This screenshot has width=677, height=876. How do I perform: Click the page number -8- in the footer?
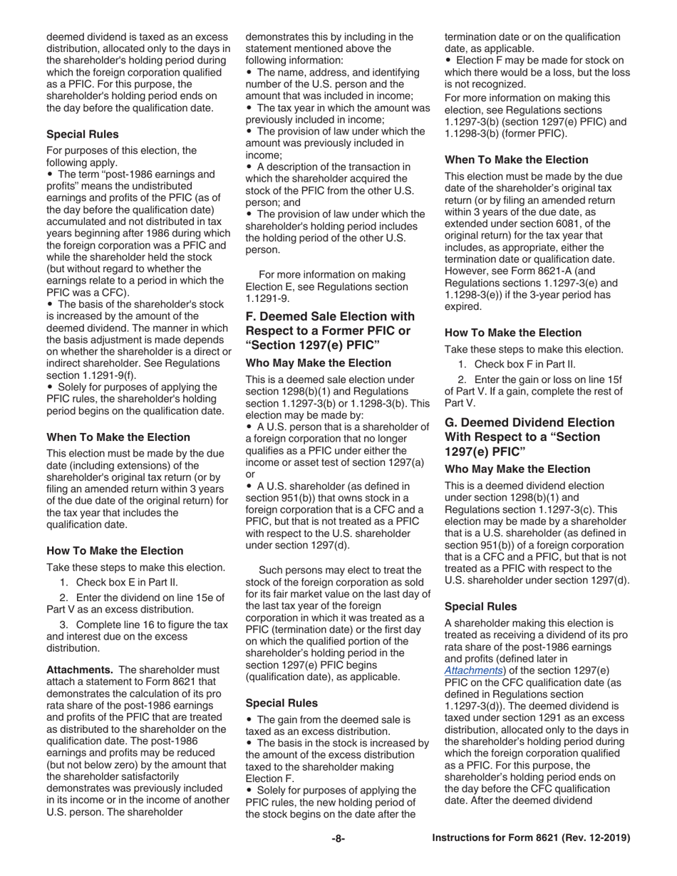[338, 838]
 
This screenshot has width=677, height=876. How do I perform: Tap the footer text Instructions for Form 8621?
[531, 838]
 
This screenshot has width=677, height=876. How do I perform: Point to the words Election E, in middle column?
[274, 287]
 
